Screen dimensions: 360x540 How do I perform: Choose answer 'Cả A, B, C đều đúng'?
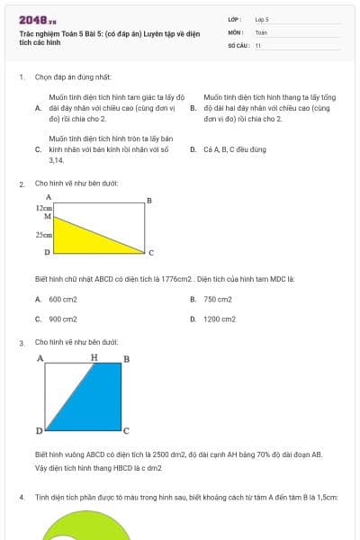pos(235,149)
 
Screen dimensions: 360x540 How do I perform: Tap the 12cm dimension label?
pos(44,207)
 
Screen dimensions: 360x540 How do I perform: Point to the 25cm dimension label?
pos(43,234)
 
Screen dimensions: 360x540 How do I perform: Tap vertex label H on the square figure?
pos(94,357)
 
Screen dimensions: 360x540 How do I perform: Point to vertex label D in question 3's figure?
pos(39,431)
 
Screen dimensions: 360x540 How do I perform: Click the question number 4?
pos(21,497)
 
